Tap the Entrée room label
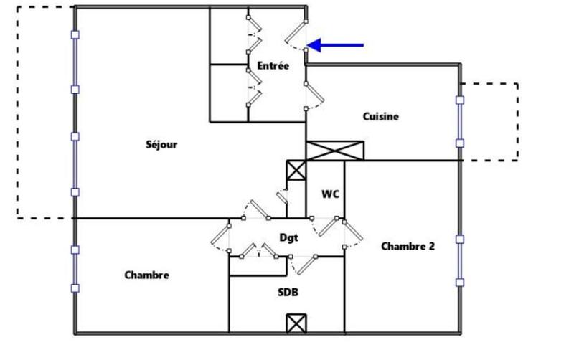273,66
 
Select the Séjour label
161,145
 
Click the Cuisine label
380,116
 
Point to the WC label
330,194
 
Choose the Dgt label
288,237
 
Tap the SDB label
288,292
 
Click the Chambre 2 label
408,246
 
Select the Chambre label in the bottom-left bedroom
146,275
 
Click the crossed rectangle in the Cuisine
335,151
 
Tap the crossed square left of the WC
295,171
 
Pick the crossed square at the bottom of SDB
296,323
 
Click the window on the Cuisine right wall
460,120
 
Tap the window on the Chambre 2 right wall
460,260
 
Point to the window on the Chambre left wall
74,269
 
